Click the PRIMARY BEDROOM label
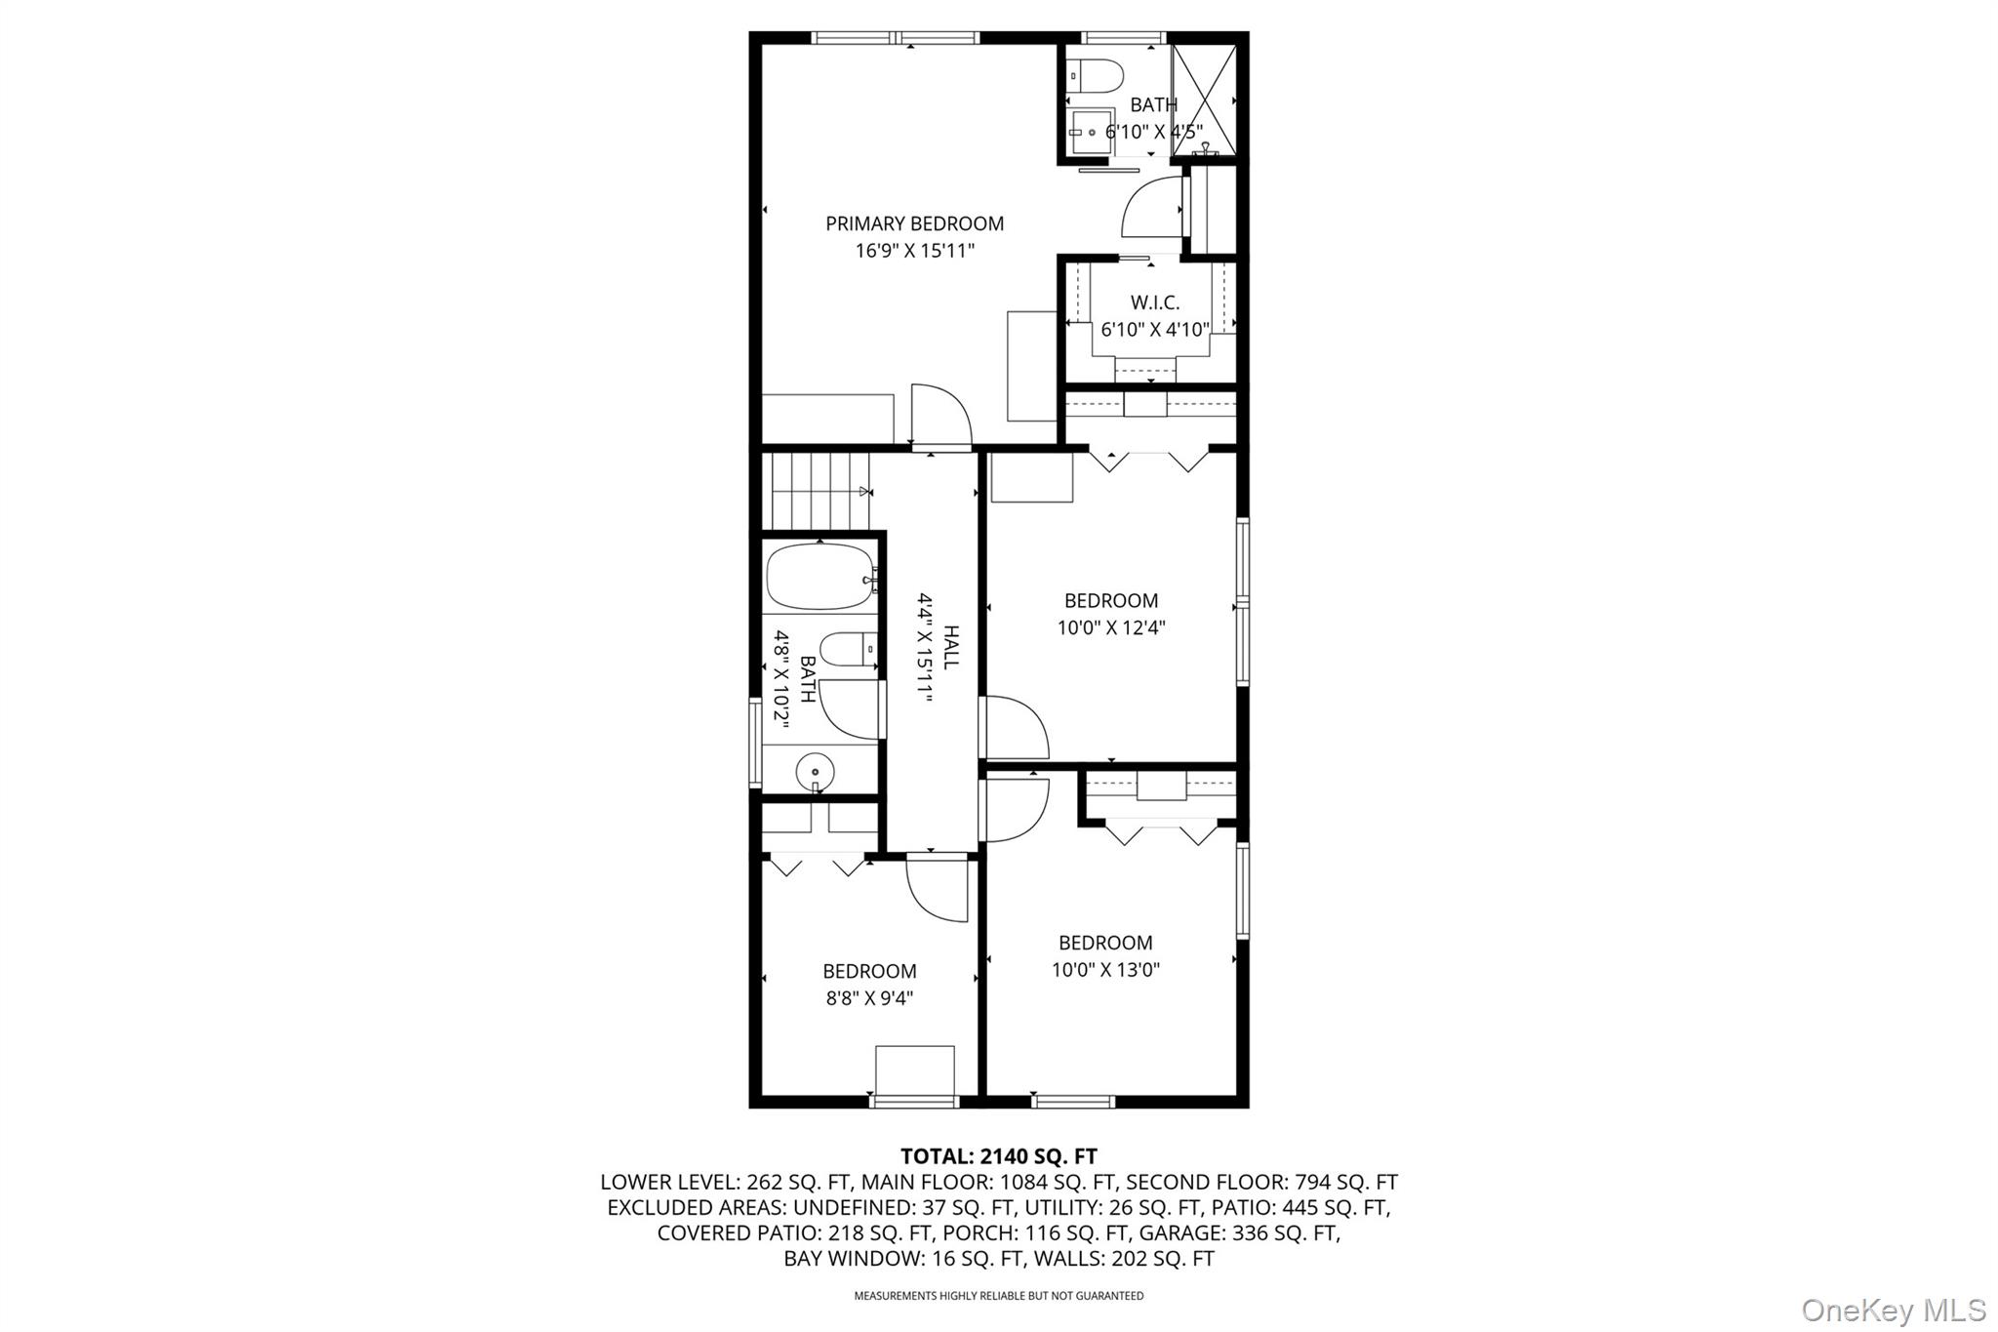pyautogui.click(x=914, y=223)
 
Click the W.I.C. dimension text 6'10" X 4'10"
pyautogui.click(x=1155, y=330)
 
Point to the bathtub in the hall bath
pyautogui.click(x=819, y=577)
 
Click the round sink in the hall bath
pyautogui.click(x=815, y=773)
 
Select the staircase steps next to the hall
pyautogui.click(x=818, y=492)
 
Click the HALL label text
pyautogui.click(x=951, y=646)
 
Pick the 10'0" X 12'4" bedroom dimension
pyautogui.click(x=1111, y=627)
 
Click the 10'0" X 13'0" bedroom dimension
pyautogui.click(x=1105, y=970)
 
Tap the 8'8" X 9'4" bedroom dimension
pyautogui.click(x=869, y=998)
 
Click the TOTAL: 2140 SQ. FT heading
pyautogui.click(x=998, y=1156)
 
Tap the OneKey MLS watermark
pyautogui.click(x=1893, y=1309)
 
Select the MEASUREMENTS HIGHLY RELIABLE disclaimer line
pyautogui.click(x=998, y=1296)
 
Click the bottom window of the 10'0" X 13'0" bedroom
pyautogui.click(x=1072, y=1102)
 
